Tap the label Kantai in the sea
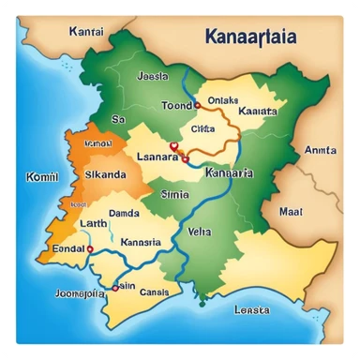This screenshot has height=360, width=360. [x=85, y=30]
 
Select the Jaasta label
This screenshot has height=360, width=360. [x=152, y=76]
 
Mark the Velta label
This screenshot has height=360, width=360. [x=201, y=231]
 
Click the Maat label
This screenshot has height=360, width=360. [x=292, y=212]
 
